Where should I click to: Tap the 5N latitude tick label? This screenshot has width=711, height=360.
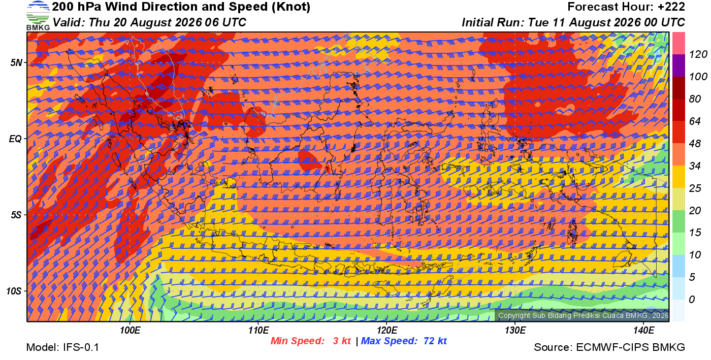tap(16, 62)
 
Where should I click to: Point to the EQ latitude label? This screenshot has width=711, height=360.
tap(15, 139)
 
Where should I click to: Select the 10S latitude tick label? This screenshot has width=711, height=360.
tap(14, 291)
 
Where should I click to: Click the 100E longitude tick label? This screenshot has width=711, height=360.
tap(130, 330)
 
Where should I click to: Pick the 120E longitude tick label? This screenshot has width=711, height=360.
tap(387, 330)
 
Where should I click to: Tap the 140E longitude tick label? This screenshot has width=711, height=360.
tap(643, 330)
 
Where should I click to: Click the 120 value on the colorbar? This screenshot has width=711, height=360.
tap(698, 54)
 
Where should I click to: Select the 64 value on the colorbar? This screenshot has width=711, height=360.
tap(695, 121)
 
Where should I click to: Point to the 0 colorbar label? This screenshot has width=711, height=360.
tap(692, 299)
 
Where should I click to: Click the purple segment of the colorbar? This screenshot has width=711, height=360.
tap(678, 66)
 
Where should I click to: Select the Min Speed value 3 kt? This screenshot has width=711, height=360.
tap(341, 341)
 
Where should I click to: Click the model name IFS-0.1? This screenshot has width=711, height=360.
tap(81, 347)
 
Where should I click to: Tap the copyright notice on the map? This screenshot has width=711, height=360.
tap(583, 315)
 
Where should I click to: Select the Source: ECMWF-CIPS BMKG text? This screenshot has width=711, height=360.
tap(609, 347)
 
